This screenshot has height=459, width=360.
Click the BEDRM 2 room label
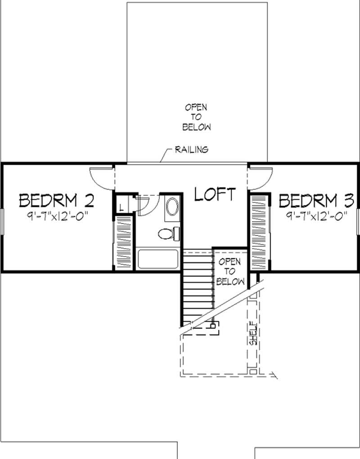(56, 199)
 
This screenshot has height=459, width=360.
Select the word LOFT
(215, 194)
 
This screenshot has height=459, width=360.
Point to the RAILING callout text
(191, 149)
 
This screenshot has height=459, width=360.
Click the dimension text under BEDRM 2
(57, 216)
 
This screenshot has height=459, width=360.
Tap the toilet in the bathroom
(168, 233)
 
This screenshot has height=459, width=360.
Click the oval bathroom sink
(171, 208)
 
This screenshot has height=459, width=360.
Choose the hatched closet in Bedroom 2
(123, 243)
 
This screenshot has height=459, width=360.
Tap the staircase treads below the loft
(197, 288)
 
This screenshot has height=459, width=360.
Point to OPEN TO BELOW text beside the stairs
(230, 272)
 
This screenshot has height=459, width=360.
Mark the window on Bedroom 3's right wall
(358, 220)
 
